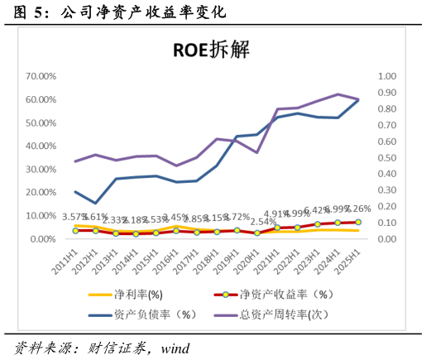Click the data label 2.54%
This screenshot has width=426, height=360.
point(262,223)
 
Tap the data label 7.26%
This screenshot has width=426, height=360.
point(357,209)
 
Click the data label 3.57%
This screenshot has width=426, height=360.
point(75,217)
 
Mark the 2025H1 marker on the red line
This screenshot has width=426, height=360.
point(357,222)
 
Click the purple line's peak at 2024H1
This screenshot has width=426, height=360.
point(337,94)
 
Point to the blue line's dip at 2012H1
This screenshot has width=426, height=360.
point(95,203)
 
